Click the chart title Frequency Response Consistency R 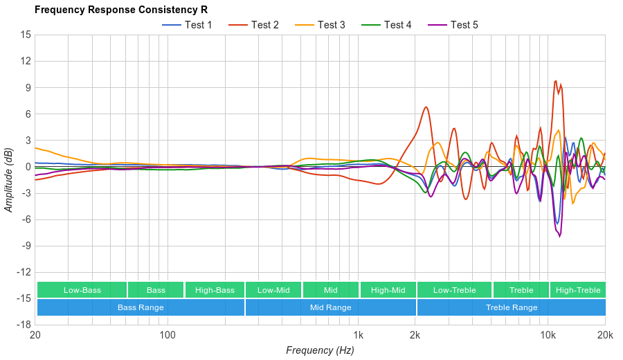pos(120,10)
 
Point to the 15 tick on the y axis pos(26,35)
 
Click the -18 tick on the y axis pos(24,324)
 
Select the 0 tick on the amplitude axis pos(28,166)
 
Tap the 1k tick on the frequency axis pos(358,334)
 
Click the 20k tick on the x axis pos(605,334)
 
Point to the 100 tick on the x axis pos(167,334)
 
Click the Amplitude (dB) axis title pos(8,179)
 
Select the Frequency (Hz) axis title pos(320,350)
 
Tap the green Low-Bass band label pos(82,290)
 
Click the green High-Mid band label pos(388,290)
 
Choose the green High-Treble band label pos(578,290)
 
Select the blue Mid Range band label pos(330,307)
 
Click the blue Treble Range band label pos(512,307)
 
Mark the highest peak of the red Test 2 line pos(555,80)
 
